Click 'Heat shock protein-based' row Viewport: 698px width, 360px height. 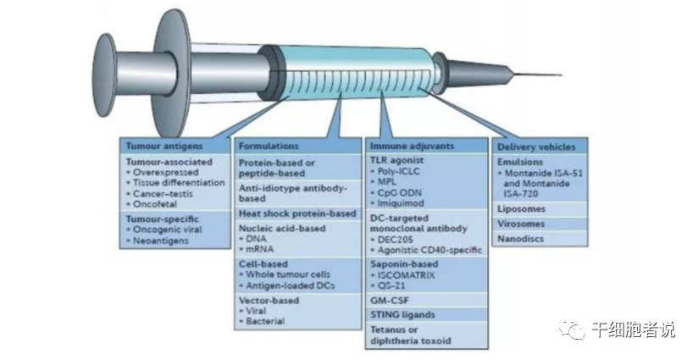point(296,213)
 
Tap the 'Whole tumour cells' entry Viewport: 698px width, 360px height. point(289,275)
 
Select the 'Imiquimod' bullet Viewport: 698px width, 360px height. point(402,204)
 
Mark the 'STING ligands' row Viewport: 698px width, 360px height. point(403,315)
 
